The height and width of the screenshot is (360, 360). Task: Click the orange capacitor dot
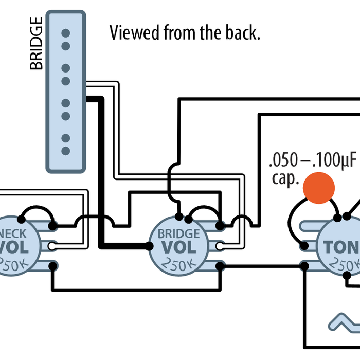(319, 186)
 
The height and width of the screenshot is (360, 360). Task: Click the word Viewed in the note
(131, 33)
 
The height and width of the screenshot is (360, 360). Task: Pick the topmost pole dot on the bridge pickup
(65, 34)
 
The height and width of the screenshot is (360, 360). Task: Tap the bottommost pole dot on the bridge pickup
(65, 151)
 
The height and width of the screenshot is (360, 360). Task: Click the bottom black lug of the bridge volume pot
(220, 266)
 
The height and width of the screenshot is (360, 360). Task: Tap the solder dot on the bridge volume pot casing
(179, 216)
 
